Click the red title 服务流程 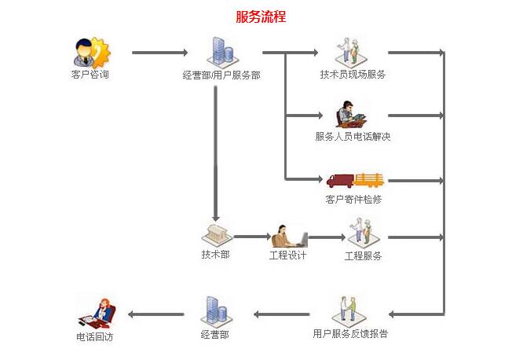click(x=261, y=17)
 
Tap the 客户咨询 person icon click(x=90, y=52)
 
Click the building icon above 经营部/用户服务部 click(x=220, y=51)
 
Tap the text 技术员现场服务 click(x=353, y=75)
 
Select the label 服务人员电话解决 click(x=353, y=136)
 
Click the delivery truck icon click(x=354, y=179)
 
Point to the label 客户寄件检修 click(x=353, y=199)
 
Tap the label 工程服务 click(x=364, y=255)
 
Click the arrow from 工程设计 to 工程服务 click(x=327, y=236)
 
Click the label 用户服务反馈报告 click(x=350, y=333)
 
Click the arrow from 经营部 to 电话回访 click(x=155, y=314)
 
